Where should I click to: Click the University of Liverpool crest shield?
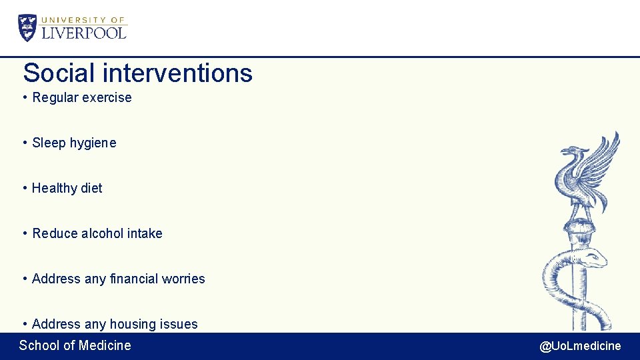coord(28,28)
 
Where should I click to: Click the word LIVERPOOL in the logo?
coord(84,33)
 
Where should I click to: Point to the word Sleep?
coord(49,143)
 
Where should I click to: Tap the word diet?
coord(91,188)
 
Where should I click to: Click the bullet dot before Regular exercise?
coord(25,98)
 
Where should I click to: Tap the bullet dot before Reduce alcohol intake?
coord(25,234)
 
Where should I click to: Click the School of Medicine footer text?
coord(75,345)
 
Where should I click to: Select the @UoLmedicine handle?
coord(580,346)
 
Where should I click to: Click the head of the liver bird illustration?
coord(569,153)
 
